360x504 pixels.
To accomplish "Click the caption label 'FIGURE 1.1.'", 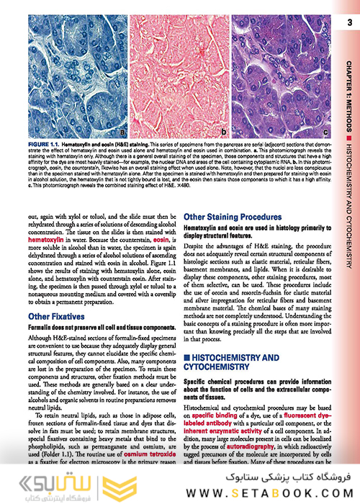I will (x=47, y=145).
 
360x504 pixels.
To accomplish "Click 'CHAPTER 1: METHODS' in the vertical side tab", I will (x=349, y=80).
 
